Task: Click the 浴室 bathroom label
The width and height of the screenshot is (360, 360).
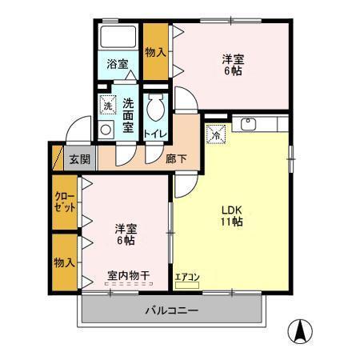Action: point(118,64)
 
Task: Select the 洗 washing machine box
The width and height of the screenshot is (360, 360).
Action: point(107,105)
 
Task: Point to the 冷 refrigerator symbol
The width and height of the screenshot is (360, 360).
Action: point(215,136)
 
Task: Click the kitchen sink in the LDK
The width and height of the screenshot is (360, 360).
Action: point(246,124)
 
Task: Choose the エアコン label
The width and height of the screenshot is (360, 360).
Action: point(188,278)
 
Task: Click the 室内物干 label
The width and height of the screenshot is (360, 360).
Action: point(129,276)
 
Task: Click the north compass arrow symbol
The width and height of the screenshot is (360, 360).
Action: point(300,330)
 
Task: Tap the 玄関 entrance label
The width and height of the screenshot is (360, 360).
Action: point(79,158)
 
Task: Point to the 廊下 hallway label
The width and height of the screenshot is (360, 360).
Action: point(177,158)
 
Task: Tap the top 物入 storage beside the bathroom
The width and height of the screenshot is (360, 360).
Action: point(155,53)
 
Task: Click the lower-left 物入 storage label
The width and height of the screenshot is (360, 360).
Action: point(64,262)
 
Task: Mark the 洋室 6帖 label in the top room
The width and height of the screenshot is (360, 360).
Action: point(233,64)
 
